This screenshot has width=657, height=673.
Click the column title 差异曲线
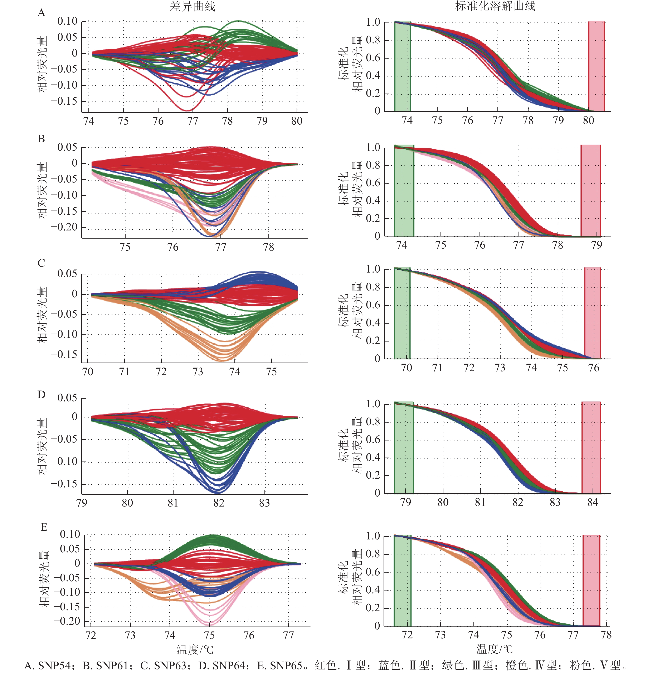click(192, 6)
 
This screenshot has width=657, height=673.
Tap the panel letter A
click(42, 13)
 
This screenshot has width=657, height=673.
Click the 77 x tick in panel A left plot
click(193, 121)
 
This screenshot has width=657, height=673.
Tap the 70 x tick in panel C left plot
click(88, 372)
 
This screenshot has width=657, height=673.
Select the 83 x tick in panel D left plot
click(264, 503)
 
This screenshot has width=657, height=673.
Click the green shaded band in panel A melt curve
click(402, 65)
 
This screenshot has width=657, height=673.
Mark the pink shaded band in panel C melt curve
click(593, 313)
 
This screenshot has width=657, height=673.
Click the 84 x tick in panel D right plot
click(593, 502)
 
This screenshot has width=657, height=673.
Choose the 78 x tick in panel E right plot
click(606, 635)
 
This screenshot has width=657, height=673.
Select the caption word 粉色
click(580, 665)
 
